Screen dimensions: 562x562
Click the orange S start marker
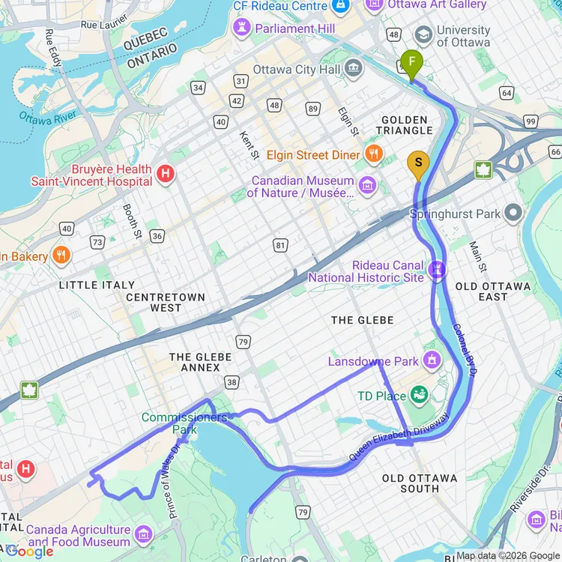click(x=418, y=163)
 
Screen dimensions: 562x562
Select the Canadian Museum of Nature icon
click(x=367, y=184)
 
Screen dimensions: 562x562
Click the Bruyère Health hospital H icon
click(x=166, y=176)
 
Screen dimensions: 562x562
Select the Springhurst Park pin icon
click(x=513, y=214)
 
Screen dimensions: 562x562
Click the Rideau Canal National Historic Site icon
click(x=438, y=268)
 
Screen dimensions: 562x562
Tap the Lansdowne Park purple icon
click(x=431, y=362)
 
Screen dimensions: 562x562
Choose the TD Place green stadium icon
click(x=419, y=394)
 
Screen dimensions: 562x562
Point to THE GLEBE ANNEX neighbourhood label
click(x=200, y=362)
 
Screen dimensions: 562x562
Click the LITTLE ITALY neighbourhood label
click(x=97, y=285)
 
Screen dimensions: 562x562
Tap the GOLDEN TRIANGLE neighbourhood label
click(x=405, y=125)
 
